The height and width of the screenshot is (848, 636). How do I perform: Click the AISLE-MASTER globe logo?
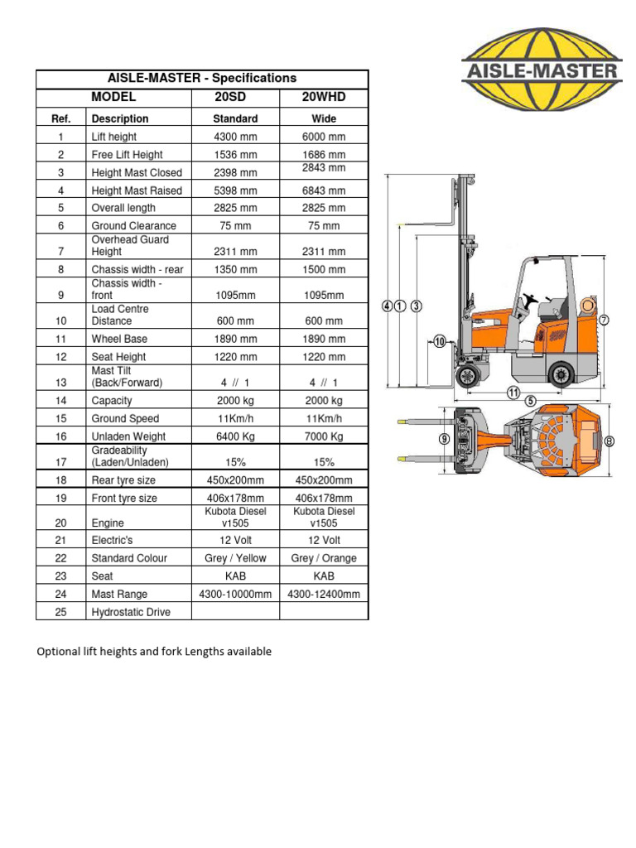541,67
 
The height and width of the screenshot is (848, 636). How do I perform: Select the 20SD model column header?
236,97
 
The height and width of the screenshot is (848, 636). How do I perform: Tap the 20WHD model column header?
324,97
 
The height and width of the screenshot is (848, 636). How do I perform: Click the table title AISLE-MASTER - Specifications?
202,78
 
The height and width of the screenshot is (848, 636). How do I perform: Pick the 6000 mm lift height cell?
324,137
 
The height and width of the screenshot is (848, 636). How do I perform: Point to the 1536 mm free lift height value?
236,155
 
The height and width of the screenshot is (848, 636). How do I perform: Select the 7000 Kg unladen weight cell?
324,436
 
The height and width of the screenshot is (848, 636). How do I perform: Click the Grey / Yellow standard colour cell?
236,558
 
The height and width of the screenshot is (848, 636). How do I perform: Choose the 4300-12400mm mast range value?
324,594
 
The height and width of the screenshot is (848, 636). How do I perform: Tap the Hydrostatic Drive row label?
131,612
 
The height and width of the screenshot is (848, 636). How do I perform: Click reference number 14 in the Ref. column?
60,401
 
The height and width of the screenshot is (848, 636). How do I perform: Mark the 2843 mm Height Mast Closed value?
324,168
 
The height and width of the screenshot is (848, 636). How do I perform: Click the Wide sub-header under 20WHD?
324,118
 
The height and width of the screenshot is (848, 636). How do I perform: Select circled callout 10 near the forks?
439,340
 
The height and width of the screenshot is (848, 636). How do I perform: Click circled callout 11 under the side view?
513,393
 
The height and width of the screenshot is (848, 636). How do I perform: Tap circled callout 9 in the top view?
444,440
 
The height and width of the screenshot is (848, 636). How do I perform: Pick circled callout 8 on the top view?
609,441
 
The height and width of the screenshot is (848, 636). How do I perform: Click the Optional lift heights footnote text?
154,652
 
